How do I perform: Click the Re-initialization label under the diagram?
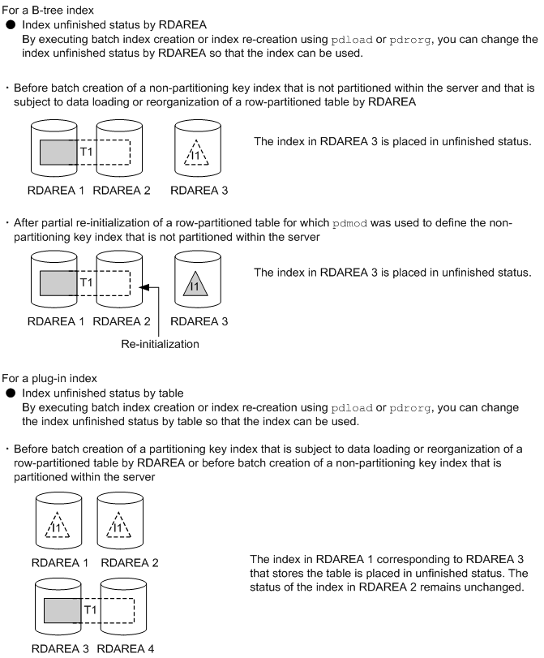160,345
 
